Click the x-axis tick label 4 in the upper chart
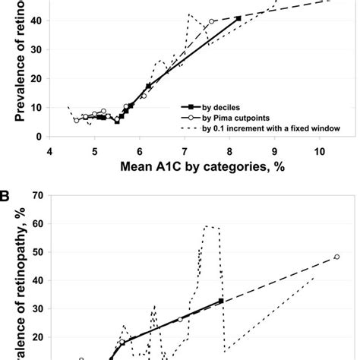pyautogui.click(x=50, y=151)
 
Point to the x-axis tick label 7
pyautogui.click(x=185, y=151)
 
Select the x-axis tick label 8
pyautogui.click(x=229, y=151)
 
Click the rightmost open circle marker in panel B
pyautogui.click(x=336, y=257)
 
